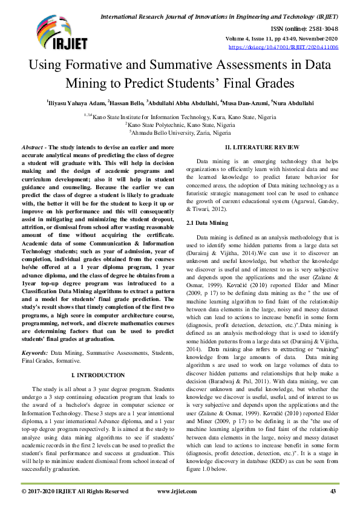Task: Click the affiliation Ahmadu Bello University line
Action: pyautogui.click(x=180, y=131)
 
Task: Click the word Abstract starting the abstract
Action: pyautogui.click(x=31, y=148)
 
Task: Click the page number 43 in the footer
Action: pyautogui.click(x=332, y=491)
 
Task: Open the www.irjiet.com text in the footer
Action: pyautogui.click(x=177, y=491)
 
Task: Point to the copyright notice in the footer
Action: pyautogui.click(x=74, y=491)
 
